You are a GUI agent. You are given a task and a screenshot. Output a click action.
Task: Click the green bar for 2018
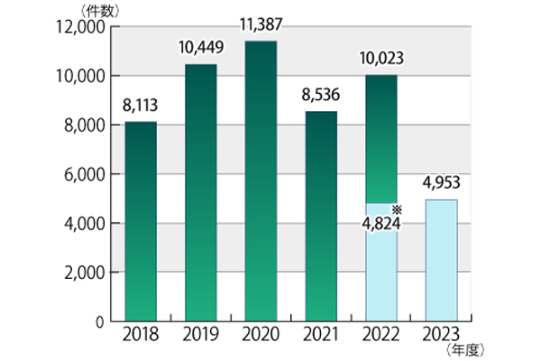[x=140, y=221]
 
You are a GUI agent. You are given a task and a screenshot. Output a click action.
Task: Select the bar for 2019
[x=200, y=192]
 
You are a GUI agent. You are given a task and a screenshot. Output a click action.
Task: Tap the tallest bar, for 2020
[x=260, y=180]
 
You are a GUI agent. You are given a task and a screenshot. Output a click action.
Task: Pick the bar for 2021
[x=320, y=217]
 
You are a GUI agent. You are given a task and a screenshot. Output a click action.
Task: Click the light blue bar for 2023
[x=440, y=260]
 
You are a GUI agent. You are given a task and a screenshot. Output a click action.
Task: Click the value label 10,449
[x=200, y=47]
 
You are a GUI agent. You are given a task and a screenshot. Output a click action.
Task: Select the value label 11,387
[x=260, y=24]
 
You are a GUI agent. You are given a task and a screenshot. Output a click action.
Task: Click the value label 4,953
[x=440, y=183]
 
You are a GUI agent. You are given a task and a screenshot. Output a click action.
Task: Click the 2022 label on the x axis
[x=380, y=336]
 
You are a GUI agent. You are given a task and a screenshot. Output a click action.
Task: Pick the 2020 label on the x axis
[x=260, y=336]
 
